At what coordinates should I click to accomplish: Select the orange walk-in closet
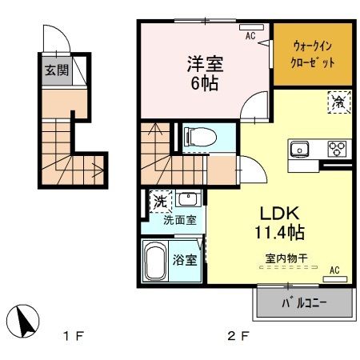click(x=313, y=54)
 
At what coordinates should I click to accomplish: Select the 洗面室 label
click(x=180, y=220)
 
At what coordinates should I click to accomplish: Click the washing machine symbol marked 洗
click(x=158, y=202)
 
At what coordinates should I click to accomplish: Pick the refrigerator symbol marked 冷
click(x=339, y=102)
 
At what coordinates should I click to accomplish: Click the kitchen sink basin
click(x=302, y=148)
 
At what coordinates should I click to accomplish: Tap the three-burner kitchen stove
click(x=338, y=148)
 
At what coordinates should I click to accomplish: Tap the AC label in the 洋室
click(x=250, y=36)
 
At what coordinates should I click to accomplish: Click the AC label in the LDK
click(x=334, y=270)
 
